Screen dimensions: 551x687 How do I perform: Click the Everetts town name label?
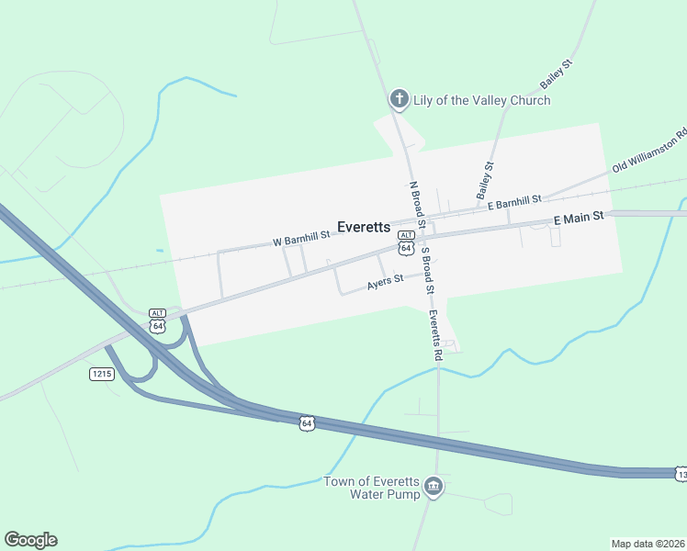coord(364,227)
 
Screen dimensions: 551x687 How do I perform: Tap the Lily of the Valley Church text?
coord(481,100)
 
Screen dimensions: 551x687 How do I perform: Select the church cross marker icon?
coord(399,99)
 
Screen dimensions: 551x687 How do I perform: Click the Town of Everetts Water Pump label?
coord(371,489)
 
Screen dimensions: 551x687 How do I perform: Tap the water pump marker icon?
coord(434,486)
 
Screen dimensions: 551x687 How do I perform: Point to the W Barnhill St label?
coord(301,240)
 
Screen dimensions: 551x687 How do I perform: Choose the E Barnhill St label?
coord(514,200)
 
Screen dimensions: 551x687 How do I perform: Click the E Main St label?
coord(578,218)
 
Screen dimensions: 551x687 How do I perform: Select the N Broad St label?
coord(417,205)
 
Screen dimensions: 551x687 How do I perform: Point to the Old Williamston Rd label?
coord(650,152)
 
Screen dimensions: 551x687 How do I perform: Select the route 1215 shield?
coord(101,374)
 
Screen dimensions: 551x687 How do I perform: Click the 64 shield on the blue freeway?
coord(307,422)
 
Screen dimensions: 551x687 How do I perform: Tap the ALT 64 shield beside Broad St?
coord(406,243)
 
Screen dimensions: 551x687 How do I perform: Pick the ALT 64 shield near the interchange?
coord(157,321)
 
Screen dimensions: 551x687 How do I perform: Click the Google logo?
coord(30,540)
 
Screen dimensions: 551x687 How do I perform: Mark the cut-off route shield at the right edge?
coord(681,474)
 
